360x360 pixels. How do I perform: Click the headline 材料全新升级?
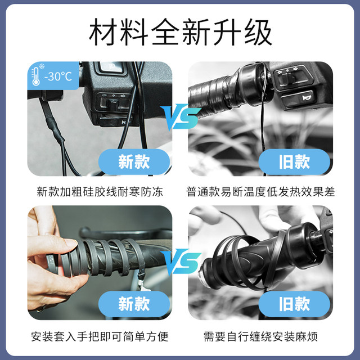pos(180,33)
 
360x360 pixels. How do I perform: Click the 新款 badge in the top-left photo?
pos(134,162)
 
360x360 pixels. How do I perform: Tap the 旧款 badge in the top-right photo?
pos(294,162)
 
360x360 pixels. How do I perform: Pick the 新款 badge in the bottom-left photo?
pos(134,304)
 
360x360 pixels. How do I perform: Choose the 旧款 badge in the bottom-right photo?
pos(294,304)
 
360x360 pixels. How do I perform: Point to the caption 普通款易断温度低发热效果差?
pos(260,192)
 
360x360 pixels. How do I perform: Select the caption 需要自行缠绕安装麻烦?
pos(260,337)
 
